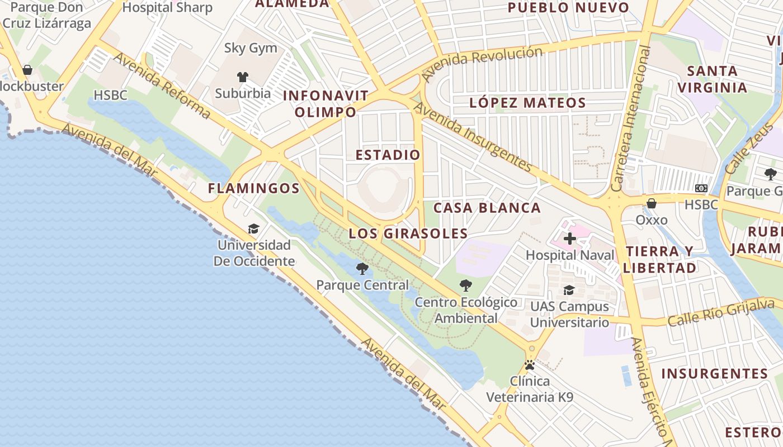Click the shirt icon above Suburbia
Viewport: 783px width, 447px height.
pos(243,77)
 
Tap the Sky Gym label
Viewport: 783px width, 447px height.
pos(251,48)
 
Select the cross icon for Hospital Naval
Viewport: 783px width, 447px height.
pos(569,239)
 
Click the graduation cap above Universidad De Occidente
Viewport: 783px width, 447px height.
pos(254,229)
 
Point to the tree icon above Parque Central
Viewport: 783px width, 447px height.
pos(362,269)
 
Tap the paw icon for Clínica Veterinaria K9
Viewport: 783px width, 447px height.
pos(530,365)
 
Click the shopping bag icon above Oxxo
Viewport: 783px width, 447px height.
pos(652,203)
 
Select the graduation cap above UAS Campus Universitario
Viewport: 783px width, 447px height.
pos(569,290)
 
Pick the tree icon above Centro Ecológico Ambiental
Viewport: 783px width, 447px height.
pos(465,286)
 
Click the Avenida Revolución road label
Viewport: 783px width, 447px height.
pos(482,62)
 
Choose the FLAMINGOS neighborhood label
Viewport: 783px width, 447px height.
pos(254,188)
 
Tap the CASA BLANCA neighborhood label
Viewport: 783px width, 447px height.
pos(487,208)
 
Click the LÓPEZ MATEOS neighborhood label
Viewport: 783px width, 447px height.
pos(527,103)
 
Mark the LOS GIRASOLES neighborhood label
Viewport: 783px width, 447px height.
pos(408,234)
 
